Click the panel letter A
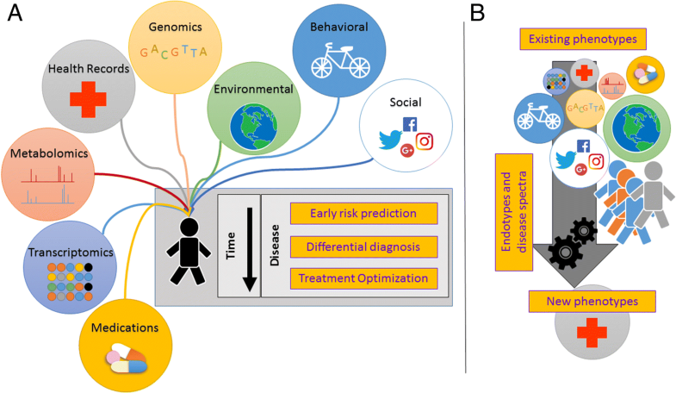coord(15,16)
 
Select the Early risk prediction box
coord(364,214)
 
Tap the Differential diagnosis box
coord(364,246)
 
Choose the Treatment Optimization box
coord(364,279)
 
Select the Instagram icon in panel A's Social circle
coord(424,140)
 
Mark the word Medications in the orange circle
coord(125,327)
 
